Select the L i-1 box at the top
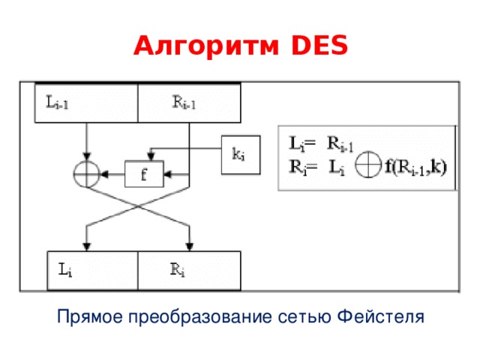point(87,103)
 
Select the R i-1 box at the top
point(189,103)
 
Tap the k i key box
point(240,154)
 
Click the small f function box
point(145,175)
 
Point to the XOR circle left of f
point(87,175)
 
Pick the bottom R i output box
point(189,270)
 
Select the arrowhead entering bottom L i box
point(87,246)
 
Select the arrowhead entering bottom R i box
point(189,246)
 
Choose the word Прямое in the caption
point(88,317)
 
